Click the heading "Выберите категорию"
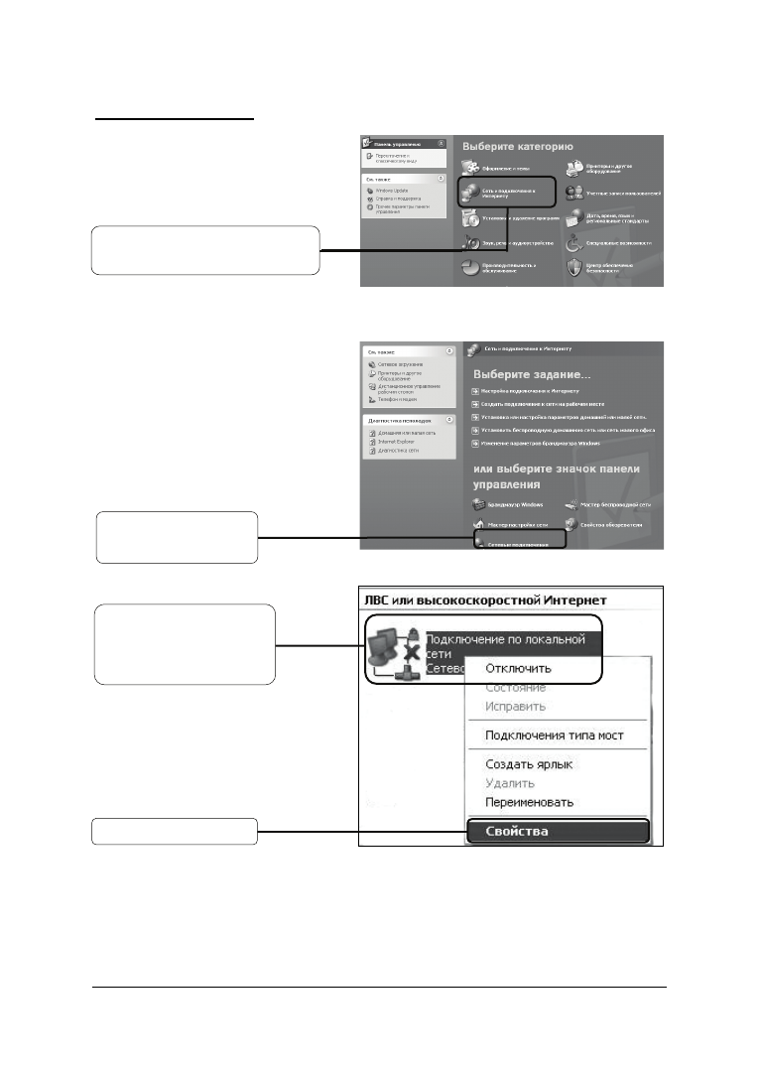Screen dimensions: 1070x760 517,146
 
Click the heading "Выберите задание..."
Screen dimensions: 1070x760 531,375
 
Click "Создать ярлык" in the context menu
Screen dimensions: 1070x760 529,764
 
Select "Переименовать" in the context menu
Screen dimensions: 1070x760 543,802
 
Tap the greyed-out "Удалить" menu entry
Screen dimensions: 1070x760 510,783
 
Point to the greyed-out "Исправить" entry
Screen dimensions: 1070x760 516,706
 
